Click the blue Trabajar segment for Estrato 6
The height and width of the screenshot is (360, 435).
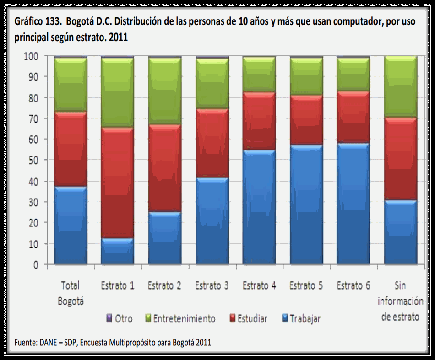(353, 204)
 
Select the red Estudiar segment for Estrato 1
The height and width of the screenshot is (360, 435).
(117, 183)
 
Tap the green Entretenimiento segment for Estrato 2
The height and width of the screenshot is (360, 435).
(164, 91)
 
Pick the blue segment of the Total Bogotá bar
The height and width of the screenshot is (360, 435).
(71, 225)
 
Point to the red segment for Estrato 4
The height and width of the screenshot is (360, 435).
(259, 121)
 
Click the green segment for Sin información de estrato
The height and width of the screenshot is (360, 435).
(400, 87)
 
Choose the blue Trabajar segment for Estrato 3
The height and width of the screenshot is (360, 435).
(212, 220)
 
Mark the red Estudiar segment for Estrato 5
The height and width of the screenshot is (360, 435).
(306, 120)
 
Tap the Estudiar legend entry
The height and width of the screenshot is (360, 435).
(248, 318)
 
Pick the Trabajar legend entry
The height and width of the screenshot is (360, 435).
(301, 318)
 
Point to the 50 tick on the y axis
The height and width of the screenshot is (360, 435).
(38, 160)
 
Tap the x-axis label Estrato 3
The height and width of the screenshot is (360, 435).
(212, 286)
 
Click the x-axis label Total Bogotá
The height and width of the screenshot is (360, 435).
(71, 293)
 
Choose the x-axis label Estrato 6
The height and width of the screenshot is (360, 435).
(353, 286)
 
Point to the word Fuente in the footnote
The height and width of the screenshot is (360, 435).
(26, 342)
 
